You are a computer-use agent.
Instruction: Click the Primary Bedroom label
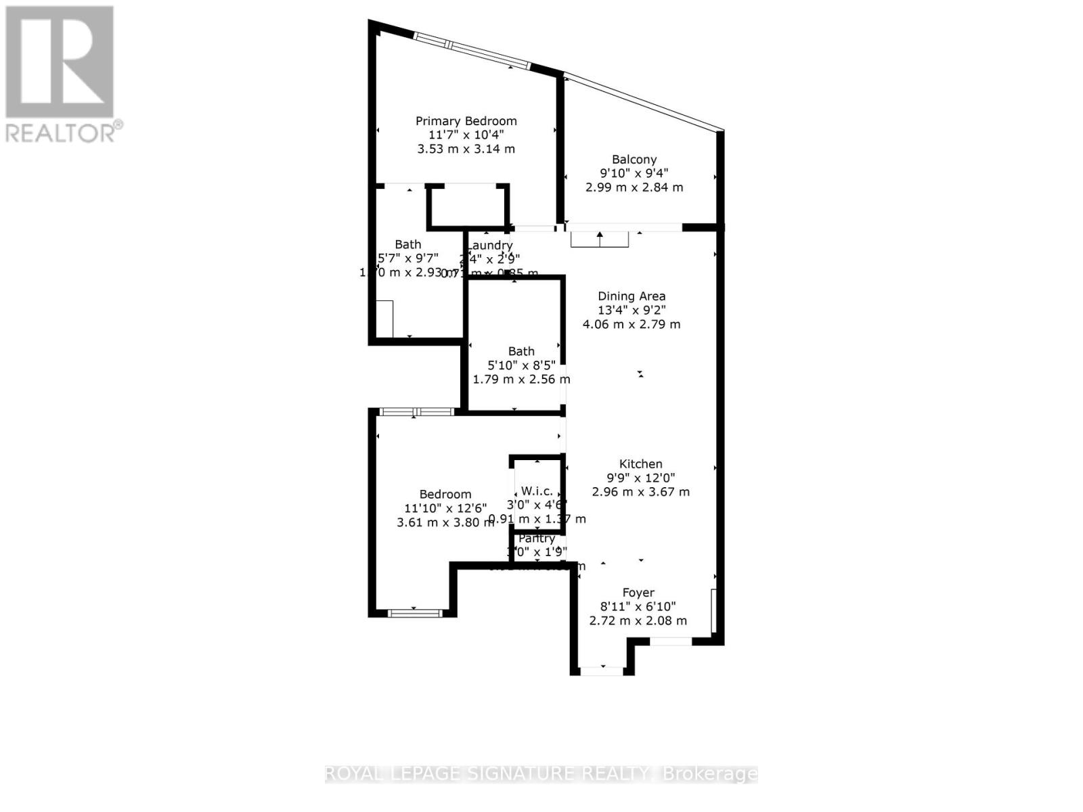(466, 121)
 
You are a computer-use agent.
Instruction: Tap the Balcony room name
(634, 160)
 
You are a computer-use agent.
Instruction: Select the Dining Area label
(632, 296)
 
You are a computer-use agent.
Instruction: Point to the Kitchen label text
(640, 464)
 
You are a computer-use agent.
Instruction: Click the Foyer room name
(638, 593)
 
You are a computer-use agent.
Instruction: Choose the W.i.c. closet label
(536, 491)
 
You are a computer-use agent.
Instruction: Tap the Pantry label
(537, 539)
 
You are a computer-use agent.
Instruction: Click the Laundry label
(491, 245)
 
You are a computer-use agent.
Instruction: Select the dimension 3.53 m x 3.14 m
(466, 149)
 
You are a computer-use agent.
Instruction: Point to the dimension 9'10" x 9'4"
(634, 173)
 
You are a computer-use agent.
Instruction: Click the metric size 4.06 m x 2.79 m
(632, 324)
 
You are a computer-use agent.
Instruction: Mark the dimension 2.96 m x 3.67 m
(640, 492)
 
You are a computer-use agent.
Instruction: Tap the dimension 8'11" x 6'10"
(638, 607)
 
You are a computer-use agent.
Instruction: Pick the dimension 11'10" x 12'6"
(445, 508)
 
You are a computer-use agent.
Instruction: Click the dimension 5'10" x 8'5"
(521, 365)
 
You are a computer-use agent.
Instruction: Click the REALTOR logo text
(64, 132)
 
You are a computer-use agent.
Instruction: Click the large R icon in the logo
(60, 62)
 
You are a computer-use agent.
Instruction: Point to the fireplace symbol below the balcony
(600, 239)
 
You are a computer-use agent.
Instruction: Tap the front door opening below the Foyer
(602, 671)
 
